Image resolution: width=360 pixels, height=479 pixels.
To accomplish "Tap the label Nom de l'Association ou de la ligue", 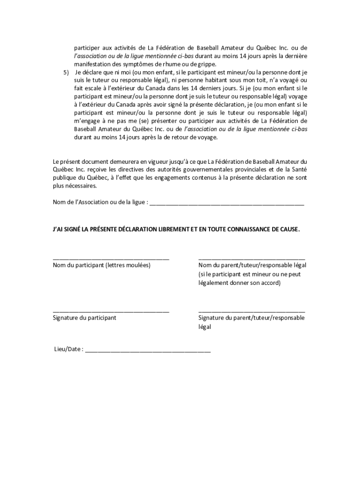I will [100, 202].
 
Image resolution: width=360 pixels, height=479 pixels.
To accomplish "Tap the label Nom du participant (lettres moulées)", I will [101, 265].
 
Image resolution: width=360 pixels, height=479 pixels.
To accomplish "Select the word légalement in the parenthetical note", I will [215, 283].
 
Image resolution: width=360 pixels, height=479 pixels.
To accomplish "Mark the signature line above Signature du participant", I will [111, 311].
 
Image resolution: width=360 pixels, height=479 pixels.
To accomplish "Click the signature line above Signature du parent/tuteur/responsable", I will [252, 311].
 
